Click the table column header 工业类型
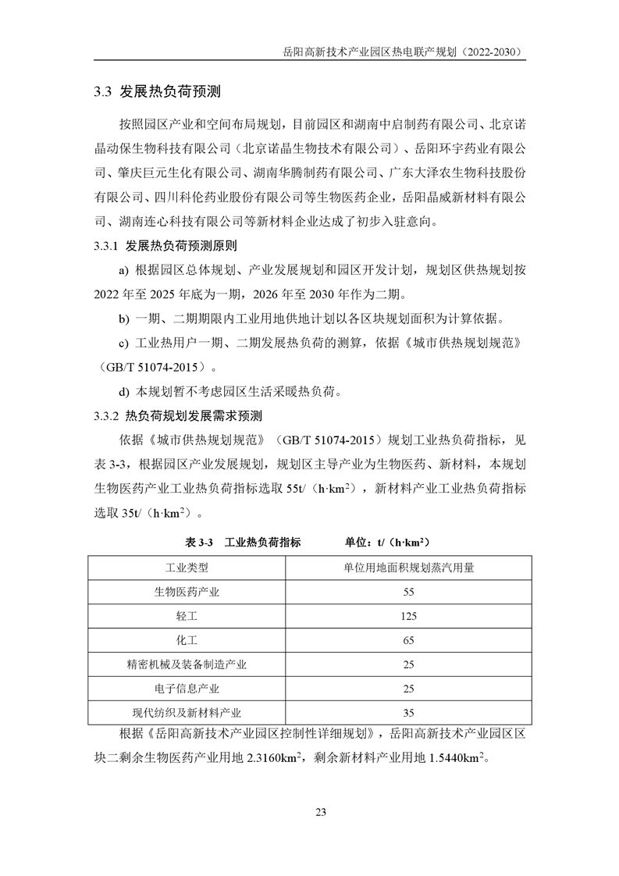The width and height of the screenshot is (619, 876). coord(187,568)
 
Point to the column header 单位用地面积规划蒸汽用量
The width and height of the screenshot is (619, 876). coord(408,568)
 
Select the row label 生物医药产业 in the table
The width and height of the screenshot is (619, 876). coord(187,592)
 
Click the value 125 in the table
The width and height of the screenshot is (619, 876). coord(408,616)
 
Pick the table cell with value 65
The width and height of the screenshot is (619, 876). coord(408,640)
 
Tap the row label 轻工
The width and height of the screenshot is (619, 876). coord(187,616)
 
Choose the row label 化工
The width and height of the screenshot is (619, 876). coord(187,640)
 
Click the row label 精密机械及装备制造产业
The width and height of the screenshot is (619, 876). coord(187,664)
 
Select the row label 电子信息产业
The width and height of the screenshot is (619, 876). coord(187,689)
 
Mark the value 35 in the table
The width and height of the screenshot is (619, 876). coord(408,713)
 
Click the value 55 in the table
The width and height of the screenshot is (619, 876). coord(408,592)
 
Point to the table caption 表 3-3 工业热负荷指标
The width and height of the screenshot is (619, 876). coord(243,542)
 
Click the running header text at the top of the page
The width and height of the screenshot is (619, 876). coord(404,52)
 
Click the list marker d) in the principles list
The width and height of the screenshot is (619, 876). coord(124,391)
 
